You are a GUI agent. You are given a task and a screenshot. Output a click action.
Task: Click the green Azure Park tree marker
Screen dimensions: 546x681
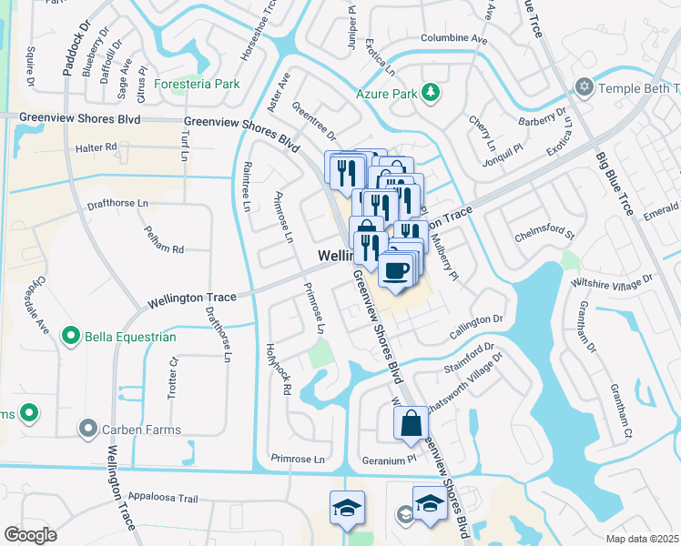click(x=430, y=92)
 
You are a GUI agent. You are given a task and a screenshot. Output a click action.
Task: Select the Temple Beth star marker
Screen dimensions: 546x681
click(x=583, y=88)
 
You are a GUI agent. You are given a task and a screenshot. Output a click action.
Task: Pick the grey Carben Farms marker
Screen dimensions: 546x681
click(x=88, y=429)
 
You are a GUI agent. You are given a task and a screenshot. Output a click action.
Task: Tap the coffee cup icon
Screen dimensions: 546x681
click(x=394, y=271)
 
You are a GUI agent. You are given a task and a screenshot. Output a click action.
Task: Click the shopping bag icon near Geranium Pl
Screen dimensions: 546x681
click(x=411, y=424)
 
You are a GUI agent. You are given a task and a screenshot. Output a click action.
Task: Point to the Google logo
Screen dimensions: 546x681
click(x=31, y=534)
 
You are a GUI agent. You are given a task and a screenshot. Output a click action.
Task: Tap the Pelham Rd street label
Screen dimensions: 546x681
click(x=164, y=242)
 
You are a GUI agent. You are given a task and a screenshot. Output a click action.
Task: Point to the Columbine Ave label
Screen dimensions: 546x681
click(x=453, y=39)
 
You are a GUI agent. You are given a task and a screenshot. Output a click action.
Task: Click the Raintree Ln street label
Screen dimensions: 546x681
click(x=247, y=187)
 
